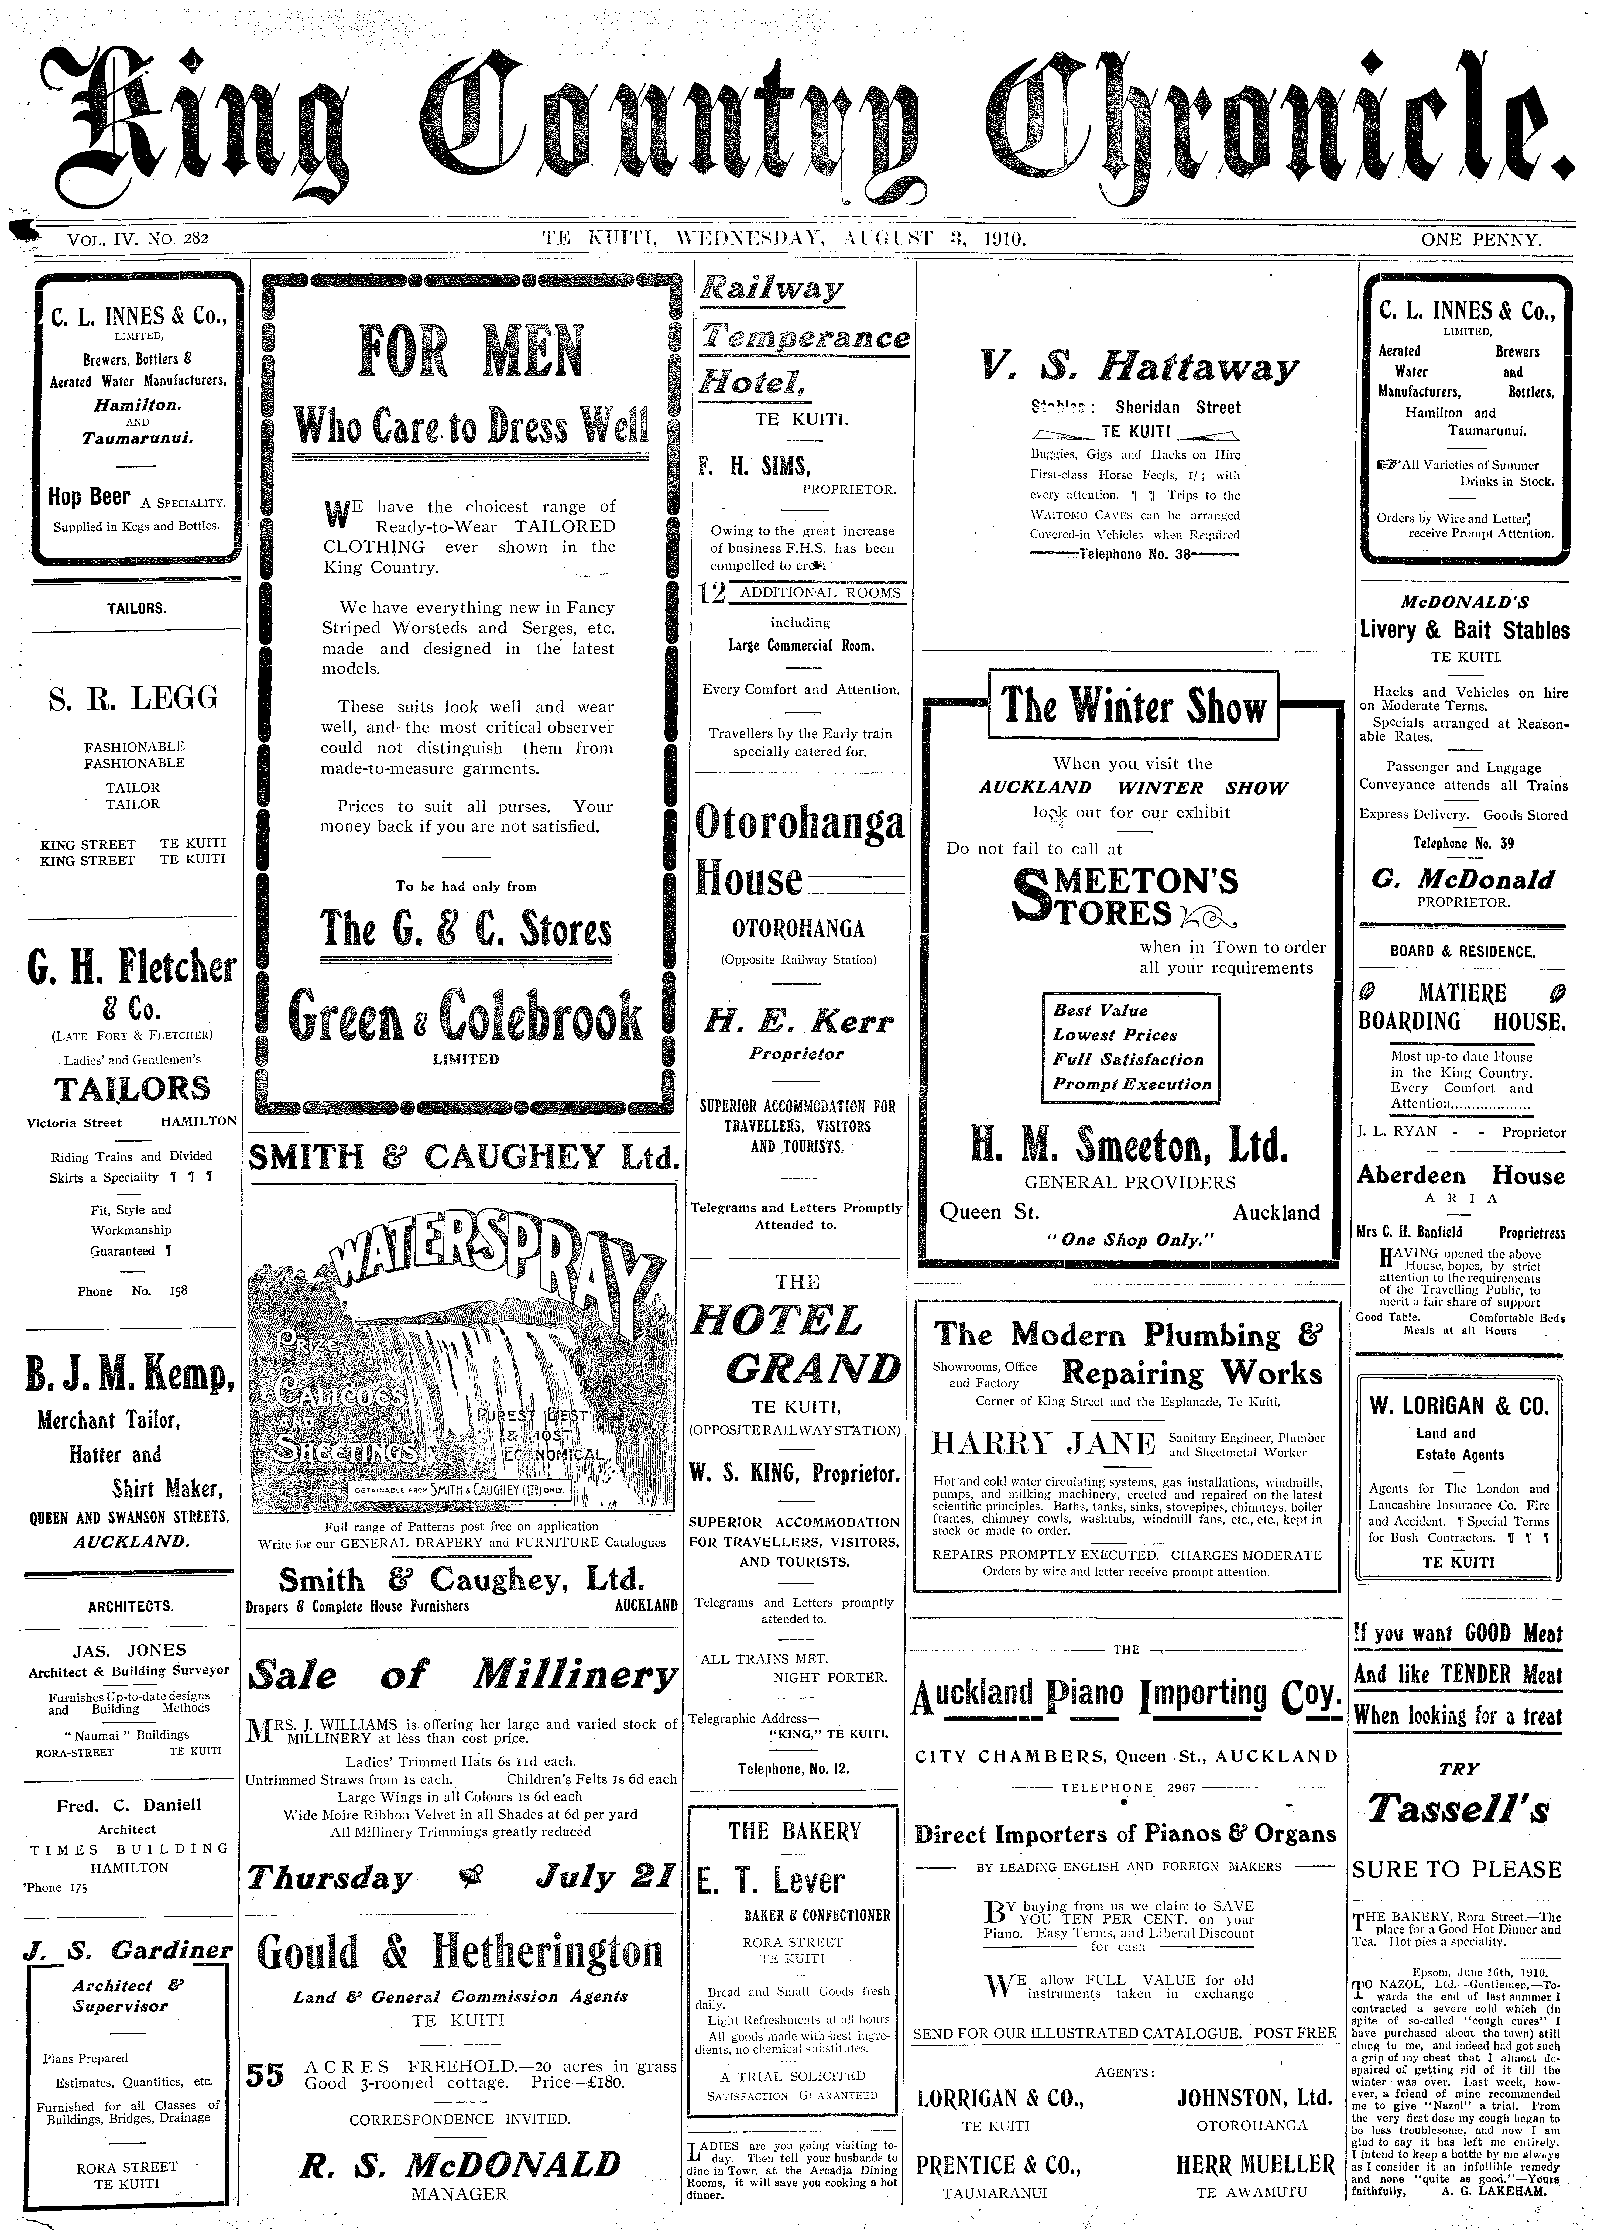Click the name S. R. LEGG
coord(134,699)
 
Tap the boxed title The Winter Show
coord(1134,706)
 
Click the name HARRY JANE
coord(1043,1444)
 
